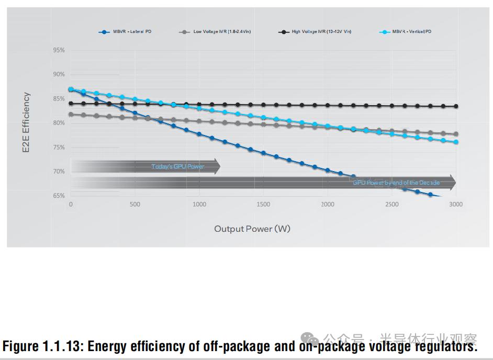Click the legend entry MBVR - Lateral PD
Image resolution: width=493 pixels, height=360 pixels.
131,32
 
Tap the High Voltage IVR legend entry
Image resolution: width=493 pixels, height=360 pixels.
321,32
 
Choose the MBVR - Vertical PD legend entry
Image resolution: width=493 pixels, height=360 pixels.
411,32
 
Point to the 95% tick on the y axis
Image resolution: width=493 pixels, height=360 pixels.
59,50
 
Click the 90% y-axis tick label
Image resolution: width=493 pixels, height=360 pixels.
59,74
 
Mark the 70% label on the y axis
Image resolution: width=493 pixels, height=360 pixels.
59,172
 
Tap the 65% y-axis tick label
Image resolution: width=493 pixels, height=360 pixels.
59,196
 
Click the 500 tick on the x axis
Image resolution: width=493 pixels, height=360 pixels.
135,205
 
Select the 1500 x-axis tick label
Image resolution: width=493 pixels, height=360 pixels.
263,205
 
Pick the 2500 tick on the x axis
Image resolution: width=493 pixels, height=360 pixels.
391,205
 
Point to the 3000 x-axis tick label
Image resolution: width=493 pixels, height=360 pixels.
456,205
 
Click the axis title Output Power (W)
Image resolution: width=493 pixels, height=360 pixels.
252,229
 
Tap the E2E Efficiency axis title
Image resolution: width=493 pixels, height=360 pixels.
27,123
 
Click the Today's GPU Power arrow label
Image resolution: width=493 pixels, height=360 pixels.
177,166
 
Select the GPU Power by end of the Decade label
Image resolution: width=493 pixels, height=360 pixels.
396,183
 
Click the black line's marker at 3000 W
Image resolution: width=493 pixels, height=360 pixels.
456,106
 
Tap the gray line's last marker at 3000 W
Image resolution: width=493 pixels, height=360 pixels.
456,134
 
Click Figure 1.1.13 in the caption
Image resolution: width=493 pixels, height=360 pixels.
44,346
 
